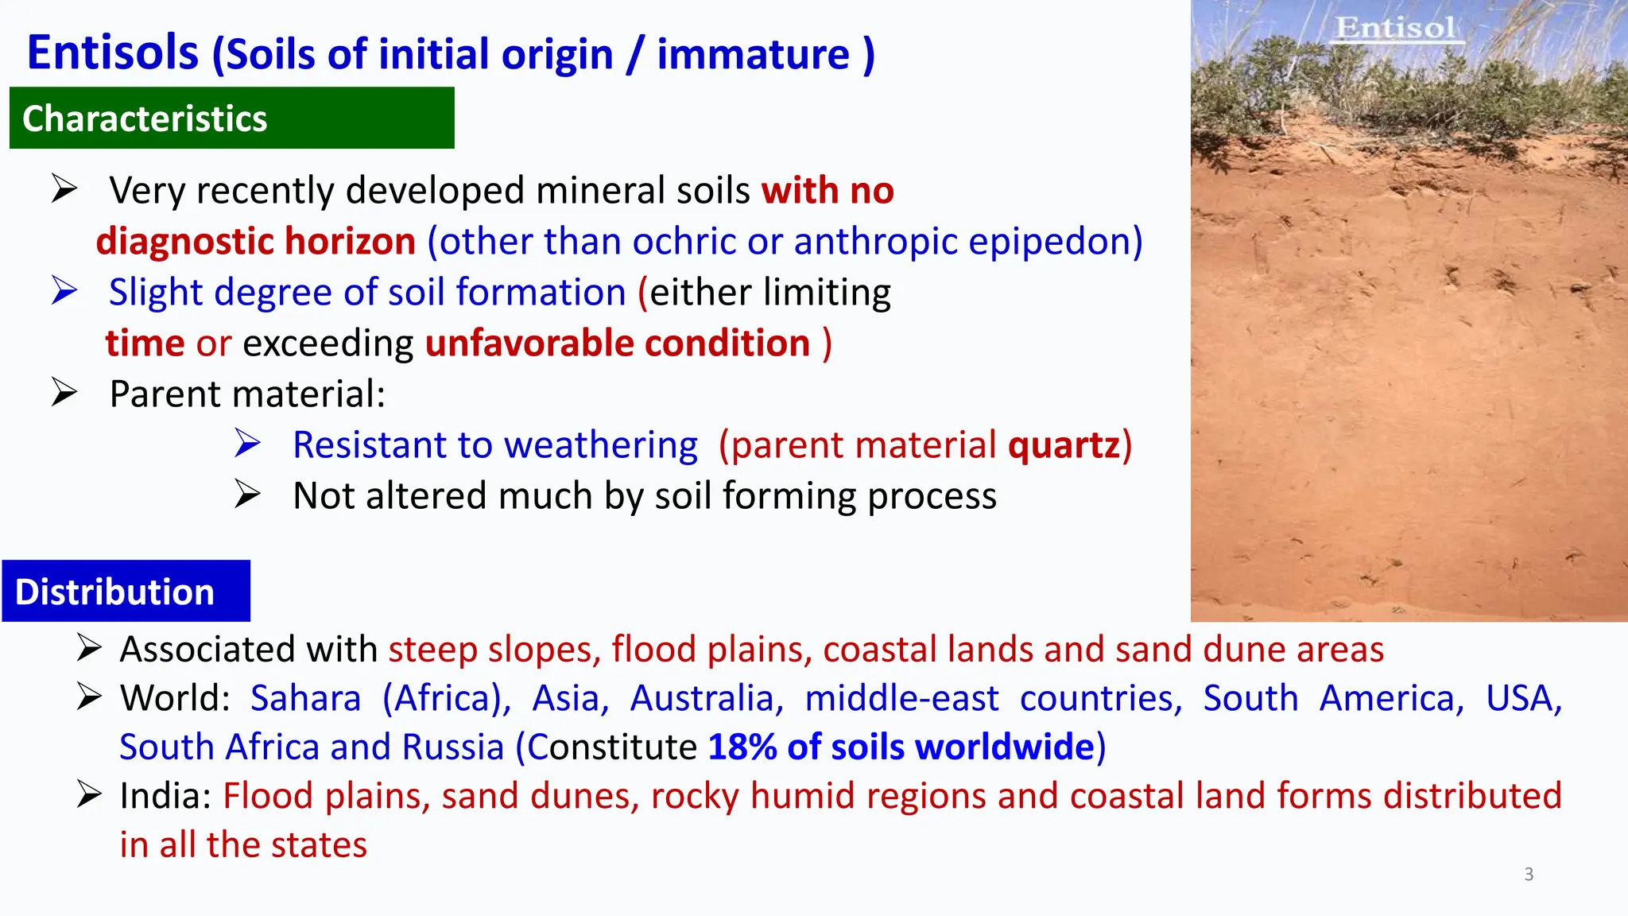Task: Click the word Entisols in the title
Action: coord(112,53)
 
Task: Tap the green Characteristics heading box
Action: coord(231,118)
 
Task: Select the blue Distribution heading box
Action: coord(126,592)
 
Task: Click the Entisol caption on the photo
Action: coord(1395,28)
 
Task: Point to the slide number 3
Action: coord(1529,875)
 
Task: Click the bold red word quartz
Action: coord(1064,445)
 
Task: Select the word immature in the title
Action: coord(753,55)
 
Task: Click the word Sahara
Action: coord(305,699)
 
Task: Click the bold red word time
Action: coord(145,343)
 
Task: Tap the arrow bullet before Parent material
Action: coord(64,392)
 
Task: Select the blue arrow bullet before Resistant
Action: coord(247,443)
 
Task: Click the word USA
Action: coord(1523,699)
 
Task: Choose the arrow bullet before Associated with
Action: coord(89,648)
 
